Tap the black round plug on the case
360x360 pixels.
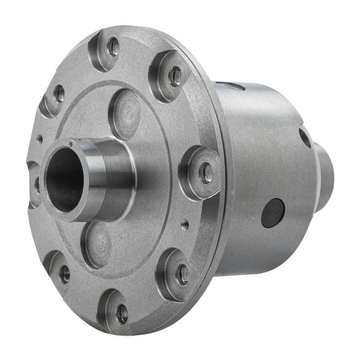(x=273, y=213)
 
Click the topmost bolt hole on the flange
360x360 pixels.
(x=114, y=47)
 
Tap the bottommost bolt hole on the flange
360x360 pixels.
(x=122, y=315)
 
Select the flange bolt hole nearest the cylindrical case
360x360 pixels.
(x=207, y=173)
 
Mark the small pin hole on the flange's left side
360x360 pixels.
(x=40, y=139)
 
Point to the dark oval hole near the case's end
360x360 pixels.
(x=305, y=138)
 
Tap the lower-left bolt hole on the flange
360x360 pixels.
(x=64, y=274)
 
